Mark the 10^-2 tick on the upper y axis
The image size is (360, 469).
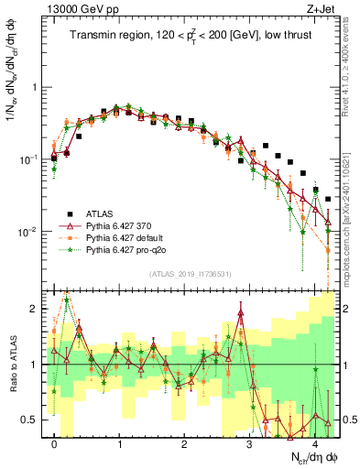coord(27,232)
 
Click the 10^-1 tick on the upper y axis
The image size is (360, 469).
coord(27,159)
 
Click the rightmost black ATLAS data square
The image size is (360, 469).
coord(327,199)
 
